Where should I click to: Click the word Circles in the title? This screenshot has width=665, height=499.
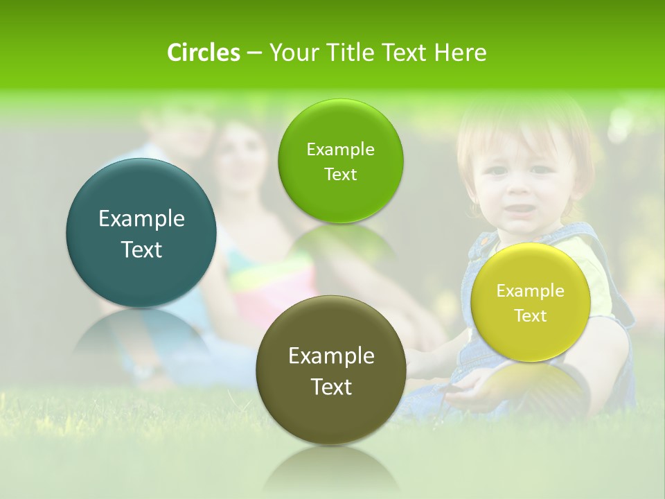coord(203,53)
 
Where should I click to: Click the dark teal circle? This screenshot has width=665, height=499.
coord(141,233)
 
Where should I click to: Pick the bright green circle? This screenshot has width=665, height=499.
coord(340,161)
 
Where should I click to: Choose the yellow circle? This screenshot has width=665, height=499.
coord(531,302)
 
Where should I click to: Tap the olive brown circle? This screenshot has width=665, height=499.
coord(331,370)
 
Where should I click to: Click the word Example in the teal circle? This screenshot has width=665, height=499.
coord(141,219)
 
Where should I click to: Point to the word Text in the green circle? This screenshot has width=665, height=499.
coord(340,174)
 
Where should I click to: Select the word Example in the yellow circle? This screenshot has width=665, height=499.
coord(531,290)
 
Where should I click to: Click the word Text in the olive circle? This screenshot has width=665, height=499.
coord(331,387)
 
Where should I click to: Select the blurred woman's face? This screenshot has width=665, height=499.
coord(240,156)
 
